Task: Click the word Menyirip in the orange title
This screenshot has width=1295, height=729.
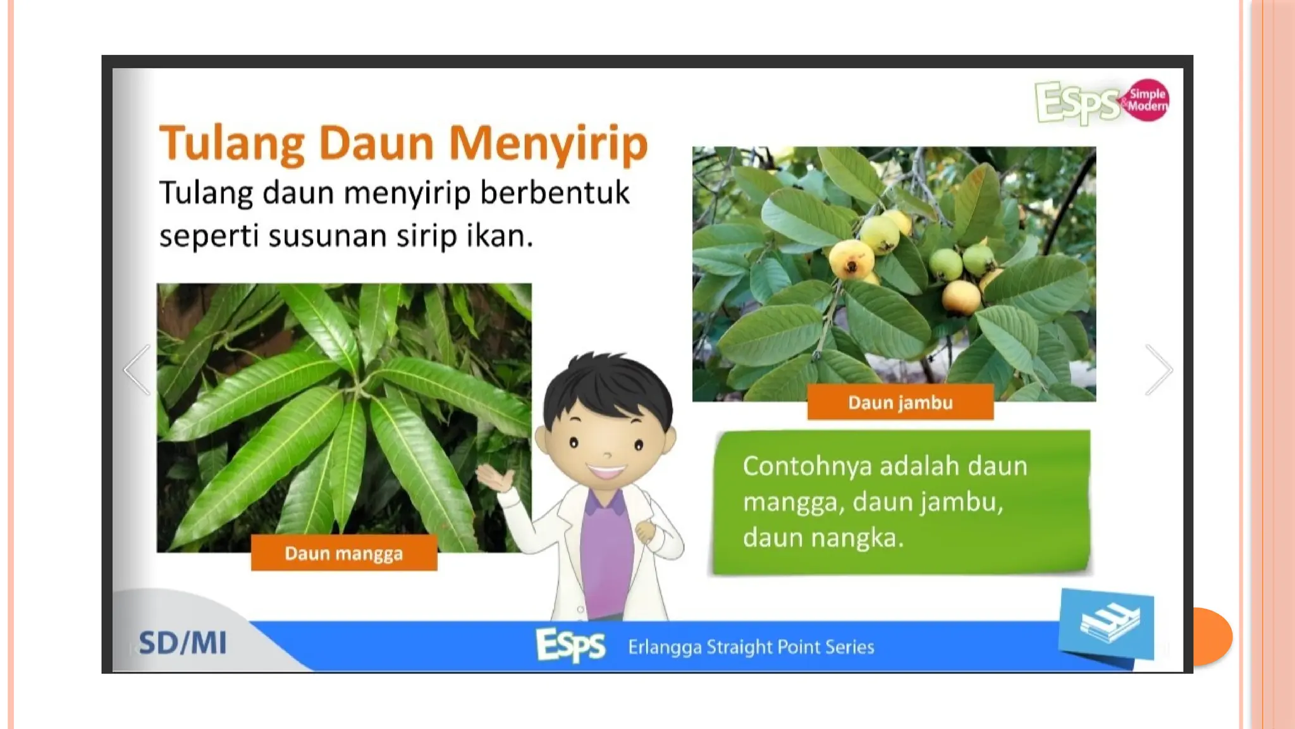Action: (548, 143)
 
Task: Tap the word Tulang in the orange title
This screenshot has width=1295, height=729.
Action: (231, 143)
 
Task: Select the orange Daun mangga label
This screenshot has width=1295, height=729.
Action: (343, 554)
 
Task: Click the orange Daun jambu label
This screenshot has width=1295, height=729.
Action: (900, 403)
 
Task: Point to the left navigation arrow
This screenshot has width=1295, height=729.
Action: (137, 370)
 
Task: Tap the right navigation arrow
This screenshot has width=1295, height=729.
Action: (1159, 370)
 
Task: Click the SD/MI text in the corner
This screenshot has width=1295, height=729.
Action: (182, 643)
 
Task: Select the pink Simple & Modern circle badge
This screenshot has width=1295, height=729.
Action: (1147, 100)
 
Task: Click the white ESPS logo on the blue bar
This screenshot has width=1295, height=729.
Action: (570, 645)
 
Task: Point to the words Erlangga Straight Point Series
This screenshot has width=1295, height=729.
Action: (751, 647)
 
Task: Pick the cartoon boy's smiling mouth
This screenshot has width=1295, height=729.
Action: (606, 471)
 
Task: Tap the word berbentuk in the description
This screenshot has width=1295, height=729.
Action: (555, 193)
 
